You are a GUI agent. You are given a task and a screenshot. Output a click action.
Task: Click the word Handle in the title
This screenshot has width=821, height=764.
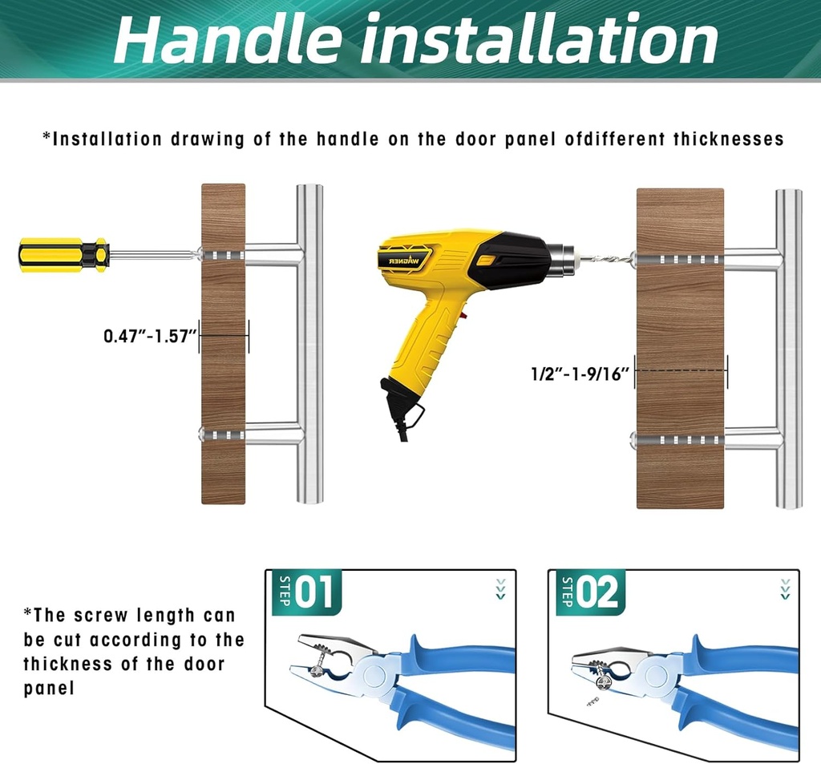(x=228, y=40)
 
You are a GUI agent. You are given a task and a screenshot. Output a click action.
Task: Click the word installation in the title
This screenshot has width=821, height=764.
(x=539, y=40)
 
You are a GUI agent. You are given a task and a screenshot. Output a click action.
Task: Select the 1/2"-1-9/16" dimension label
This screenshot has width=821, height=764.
(x=580, y=374)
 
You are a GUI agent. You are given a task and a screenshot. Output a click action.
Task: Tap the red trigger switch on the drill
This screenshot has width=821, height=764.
(x=463, y=316)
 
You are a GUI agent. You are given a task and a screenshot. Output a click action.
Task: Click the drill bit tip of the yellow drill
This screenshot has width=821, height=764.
(x=630, y=257)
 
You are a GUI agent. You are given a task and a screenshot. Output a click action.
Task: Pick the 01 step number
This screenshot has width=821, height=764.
(x=313, y=592)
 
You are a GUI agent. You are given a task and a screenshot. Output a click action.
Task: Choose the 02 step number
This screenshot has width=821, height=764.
(x=597, y=592)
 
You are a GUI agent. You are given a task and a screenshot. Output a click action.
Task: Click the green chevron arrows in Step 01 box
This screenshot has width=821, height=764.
(x=501, y=589)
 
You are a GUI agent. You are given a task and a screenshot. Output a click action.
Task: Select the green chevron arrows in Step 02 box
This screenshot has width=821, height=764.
(x=785, y=589)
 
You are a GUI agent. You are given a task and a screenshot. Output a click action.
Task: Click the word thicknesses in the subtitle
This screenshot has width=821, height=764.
(x=728, y=139)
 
